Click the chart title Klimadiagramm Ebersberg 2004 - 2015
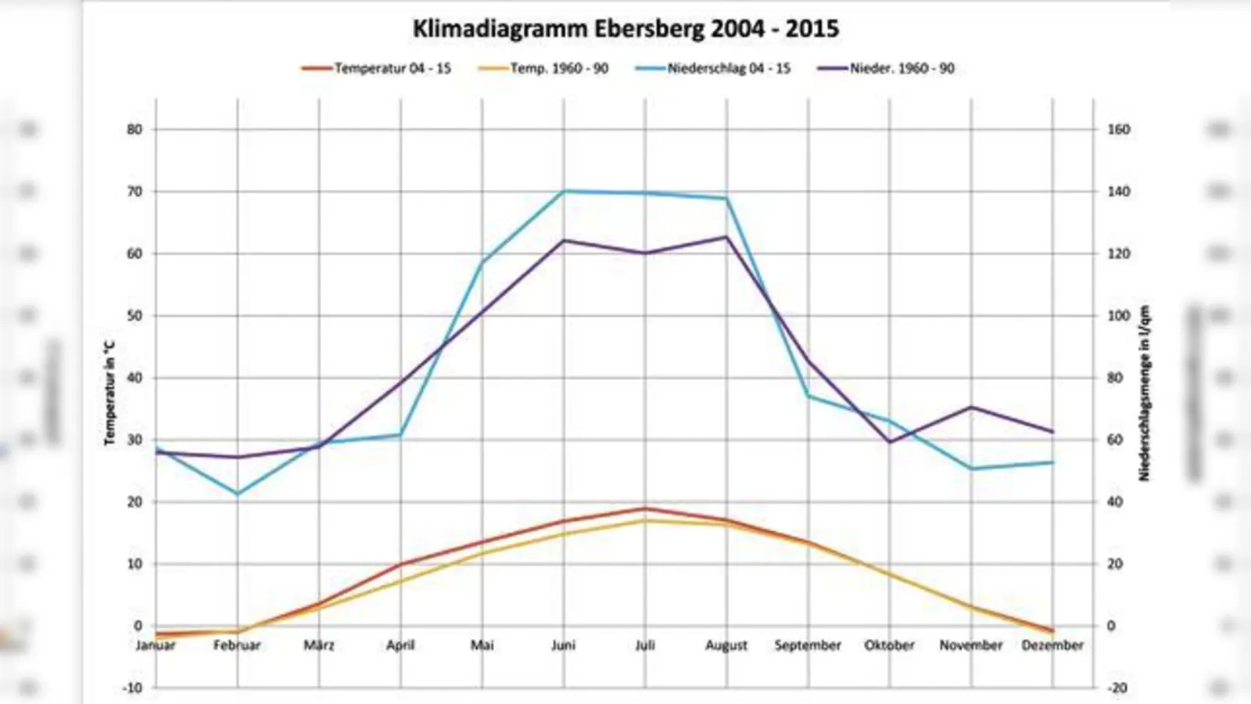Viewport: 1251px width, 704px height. click(625, 29)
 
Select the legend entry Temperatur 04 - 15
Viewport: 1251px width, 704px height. click(392, 68)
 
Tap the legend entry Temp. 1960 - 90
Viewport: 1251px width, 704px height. click(558, 68)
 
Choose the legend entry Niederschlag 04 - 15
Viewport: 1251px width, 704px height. click(728, 68)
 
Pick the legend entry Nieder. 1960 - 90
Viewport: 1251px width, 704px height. click(902, 68)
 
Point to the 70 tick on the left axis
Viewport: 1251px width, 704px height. click(134, 192)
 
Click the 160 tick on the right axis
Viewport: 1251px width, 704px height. click(1118, 129)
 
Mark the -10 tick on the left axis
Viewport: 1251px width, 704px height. click(133, 688)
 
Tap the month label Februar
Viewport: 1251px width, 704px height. click(237, 645)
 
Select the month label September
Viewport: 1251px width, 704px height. click(808, 645)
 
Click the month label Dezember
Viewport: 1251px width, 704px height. click(1052, 645)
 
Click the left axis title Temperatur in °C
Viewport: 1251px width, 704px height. click(109, 393)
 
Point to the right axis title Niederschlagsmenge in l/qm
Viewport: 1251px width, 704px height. click(1145, 393)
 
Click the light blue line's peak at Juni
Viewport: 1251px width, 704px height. click(564, 191)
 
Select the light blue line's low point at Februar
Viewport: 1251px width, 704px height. click(238, 494)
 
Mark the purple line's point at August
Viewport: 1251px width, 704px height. click(726, 237)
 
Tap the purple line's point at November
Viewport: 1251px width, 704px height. click(971, 407)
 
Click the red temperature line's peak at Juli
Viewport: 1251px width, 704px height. click(645, 508)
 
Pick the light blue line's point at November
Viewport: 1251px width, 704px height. click(971, 469)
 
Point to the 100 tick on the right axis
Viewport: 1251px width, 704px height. click(1118, 315)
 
